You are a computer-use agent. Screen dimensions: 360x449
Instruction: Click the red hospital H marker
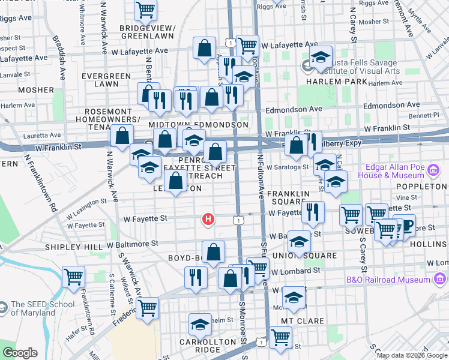(208, 220)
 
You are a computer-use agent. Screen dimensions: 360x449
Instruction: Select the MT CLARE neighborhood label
(303, 321)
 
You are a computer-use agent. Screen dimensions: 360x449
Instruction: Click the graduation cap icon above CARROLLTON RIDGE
(200, 325)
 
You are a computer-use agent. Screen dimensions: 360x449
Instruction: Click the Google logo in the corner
(20, 353)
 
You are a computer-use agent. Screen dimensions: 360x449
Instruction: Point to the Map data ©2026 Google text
(411, 355)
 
